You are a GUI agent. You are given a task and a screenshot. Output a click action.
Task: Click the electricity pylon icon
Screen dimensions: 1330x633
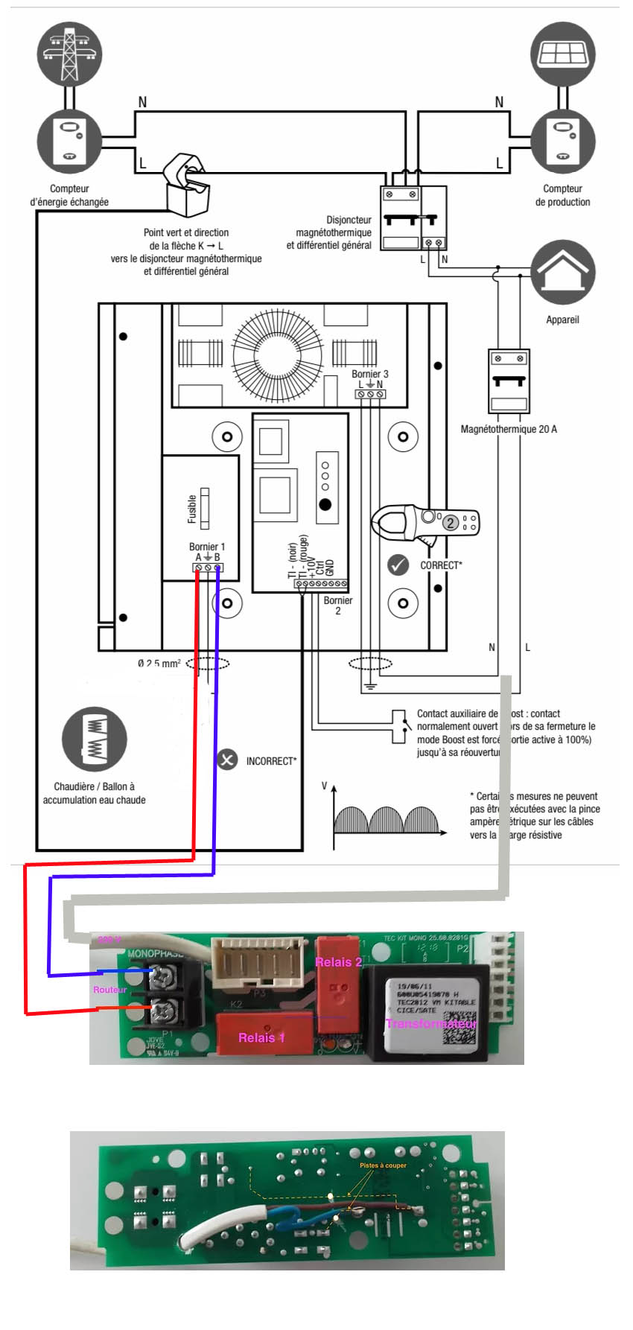(x=69, y=53)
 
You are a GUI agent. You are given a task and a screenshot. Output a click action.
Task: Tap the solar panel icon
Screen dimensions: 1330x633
(x=563, y=54)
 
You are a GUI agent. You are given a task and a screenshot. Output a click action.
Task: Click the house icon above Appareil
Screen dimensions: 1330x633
(x=563, y=273)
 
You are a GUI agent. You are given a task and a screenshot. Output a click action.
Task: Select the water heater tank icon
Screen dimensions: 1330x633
(x=95, y=739)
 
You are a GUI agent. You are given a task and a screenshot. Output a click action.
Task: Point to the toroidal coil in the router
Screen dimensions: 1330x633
(x=277, y=355)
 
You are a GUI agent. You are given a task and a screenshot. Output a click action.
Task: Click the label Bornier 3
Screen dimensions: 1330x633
(x=370, y=374)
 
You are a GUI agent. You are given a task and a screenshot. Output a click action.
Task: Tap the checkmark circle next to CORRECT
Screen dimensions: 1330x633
(x=398, y=565)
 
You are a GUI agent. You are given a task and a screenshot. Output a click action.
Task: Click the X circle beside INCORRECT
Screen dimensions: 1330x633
(x=227, y=760)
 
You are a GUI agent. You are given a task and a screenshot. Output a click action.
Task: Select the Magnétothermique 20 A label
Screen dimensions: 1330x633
(x=509, y=429)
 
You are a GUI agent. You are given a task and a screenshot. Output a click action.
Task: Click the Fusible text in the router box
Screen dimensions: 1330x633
(x=192, y=509)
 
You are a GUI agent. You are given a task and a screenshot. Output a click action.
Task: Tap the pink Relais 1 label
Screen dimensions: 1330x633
(x=261, y=1037)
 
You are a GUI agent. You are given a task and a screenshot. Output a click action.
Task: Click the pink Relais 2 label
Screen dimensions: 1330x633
(x=338, y=962)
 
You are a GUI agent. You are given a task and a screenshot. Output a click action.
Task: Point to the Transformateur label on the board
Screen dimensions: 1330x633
(x=431, y=1023)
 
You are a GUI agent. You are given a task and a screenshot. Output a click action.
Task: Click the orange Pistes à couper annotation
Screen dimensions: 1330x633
(x=383, y=1165)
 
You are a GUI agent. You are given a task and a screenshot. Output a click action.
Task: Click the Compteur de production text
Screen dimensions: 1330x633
(x=562, y=195)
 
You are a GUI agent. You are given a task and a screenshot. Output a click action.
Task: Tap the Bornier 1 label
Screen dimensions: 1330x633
(x=207, y=547)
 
